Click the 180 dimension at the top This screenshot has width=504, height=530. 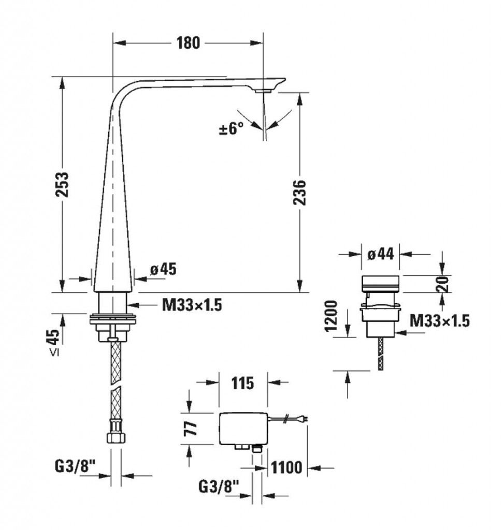[188, 43]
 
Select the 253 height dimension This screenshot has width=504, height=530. [63, 185]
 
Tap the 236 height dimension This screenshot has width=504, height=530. [299, 193]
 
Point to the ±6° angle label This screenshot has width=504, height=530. [232, 128]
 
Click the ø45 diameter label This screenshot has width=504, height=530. [163, 269]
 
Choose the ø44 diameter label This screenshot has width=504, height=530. [381, 254]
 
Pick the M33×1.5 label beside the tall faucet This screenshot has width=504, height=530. [192, 305]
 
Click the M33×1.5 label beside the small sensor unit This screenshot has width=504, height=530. [439, 321]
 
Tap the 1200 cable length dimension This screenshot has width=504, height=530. [331, 316]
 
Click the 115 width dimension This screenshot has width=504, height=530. [242, 384]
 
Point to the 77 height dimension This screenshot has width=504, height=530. [192, 428]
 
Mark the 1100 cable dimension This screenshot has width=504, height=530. [286, 468]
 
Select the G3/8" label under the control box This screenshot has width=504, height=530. [219, 487]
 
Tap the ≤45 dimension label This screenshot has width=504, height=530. [54, 342]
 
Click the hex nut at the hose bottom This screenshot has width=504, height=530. [115, 436]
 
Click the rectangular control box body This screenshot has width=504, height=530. [243, 429]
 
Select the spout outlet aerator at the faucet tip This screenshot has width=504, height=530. [264, 91]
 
